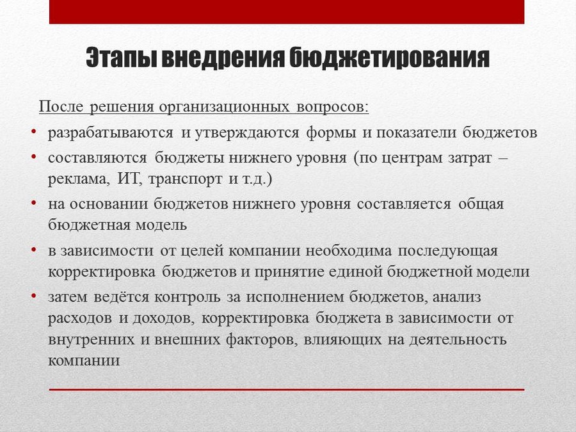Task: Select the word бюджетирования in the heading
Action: (x=389, y=58)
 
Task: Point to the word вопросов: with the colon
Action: (x=332, y=107)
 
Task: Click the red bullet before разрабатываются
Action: (x=34, y=131)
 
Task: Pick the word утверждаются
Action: (x=247, y=132)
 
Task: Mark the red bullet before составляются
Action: (x=34, y=156)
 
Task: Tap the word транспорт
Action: (x=185, y=180)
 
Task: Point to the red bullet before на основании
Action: (x=34, y=202)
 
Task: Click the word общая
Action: (x=481, y=204)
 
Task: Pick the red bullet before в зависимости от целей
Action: (x=34, y=250)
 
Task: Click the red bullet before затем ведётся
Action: (x=34, y=296)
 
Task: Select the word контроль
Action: (x=188, y=297)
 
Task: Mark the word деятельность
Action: (x=458, y=339)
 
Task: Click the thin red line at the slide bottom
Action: (x=287, y=389)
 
